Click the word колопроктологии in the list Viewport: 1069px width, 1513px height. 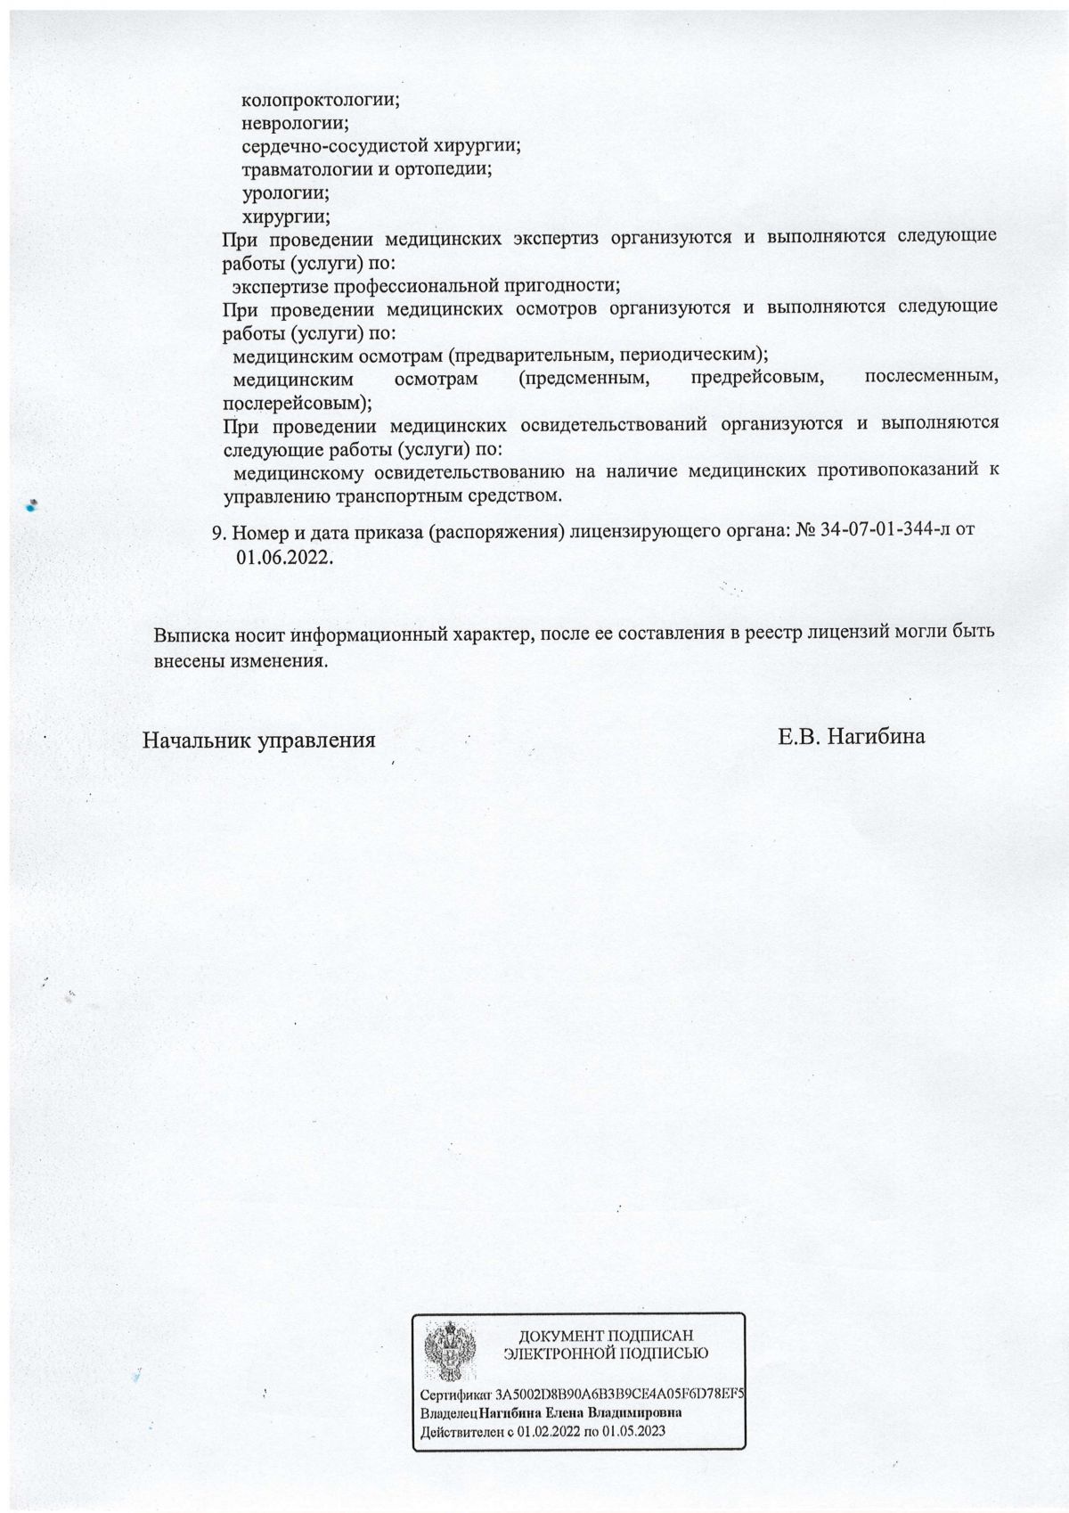click(x=320, y=101)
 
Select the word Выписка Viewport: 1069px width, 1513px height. click(x=188, y=635)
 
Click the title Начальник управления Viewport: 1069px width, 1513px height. click(x=258, y=740)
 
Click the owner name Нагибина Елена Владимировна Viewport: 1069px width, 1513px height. click(x=580, y=1413)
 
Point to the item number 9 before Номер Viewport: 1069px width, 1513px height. click(x=217, y=534)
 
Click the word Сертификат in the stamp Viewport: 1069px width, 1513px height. click(x=455, y=1394)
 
